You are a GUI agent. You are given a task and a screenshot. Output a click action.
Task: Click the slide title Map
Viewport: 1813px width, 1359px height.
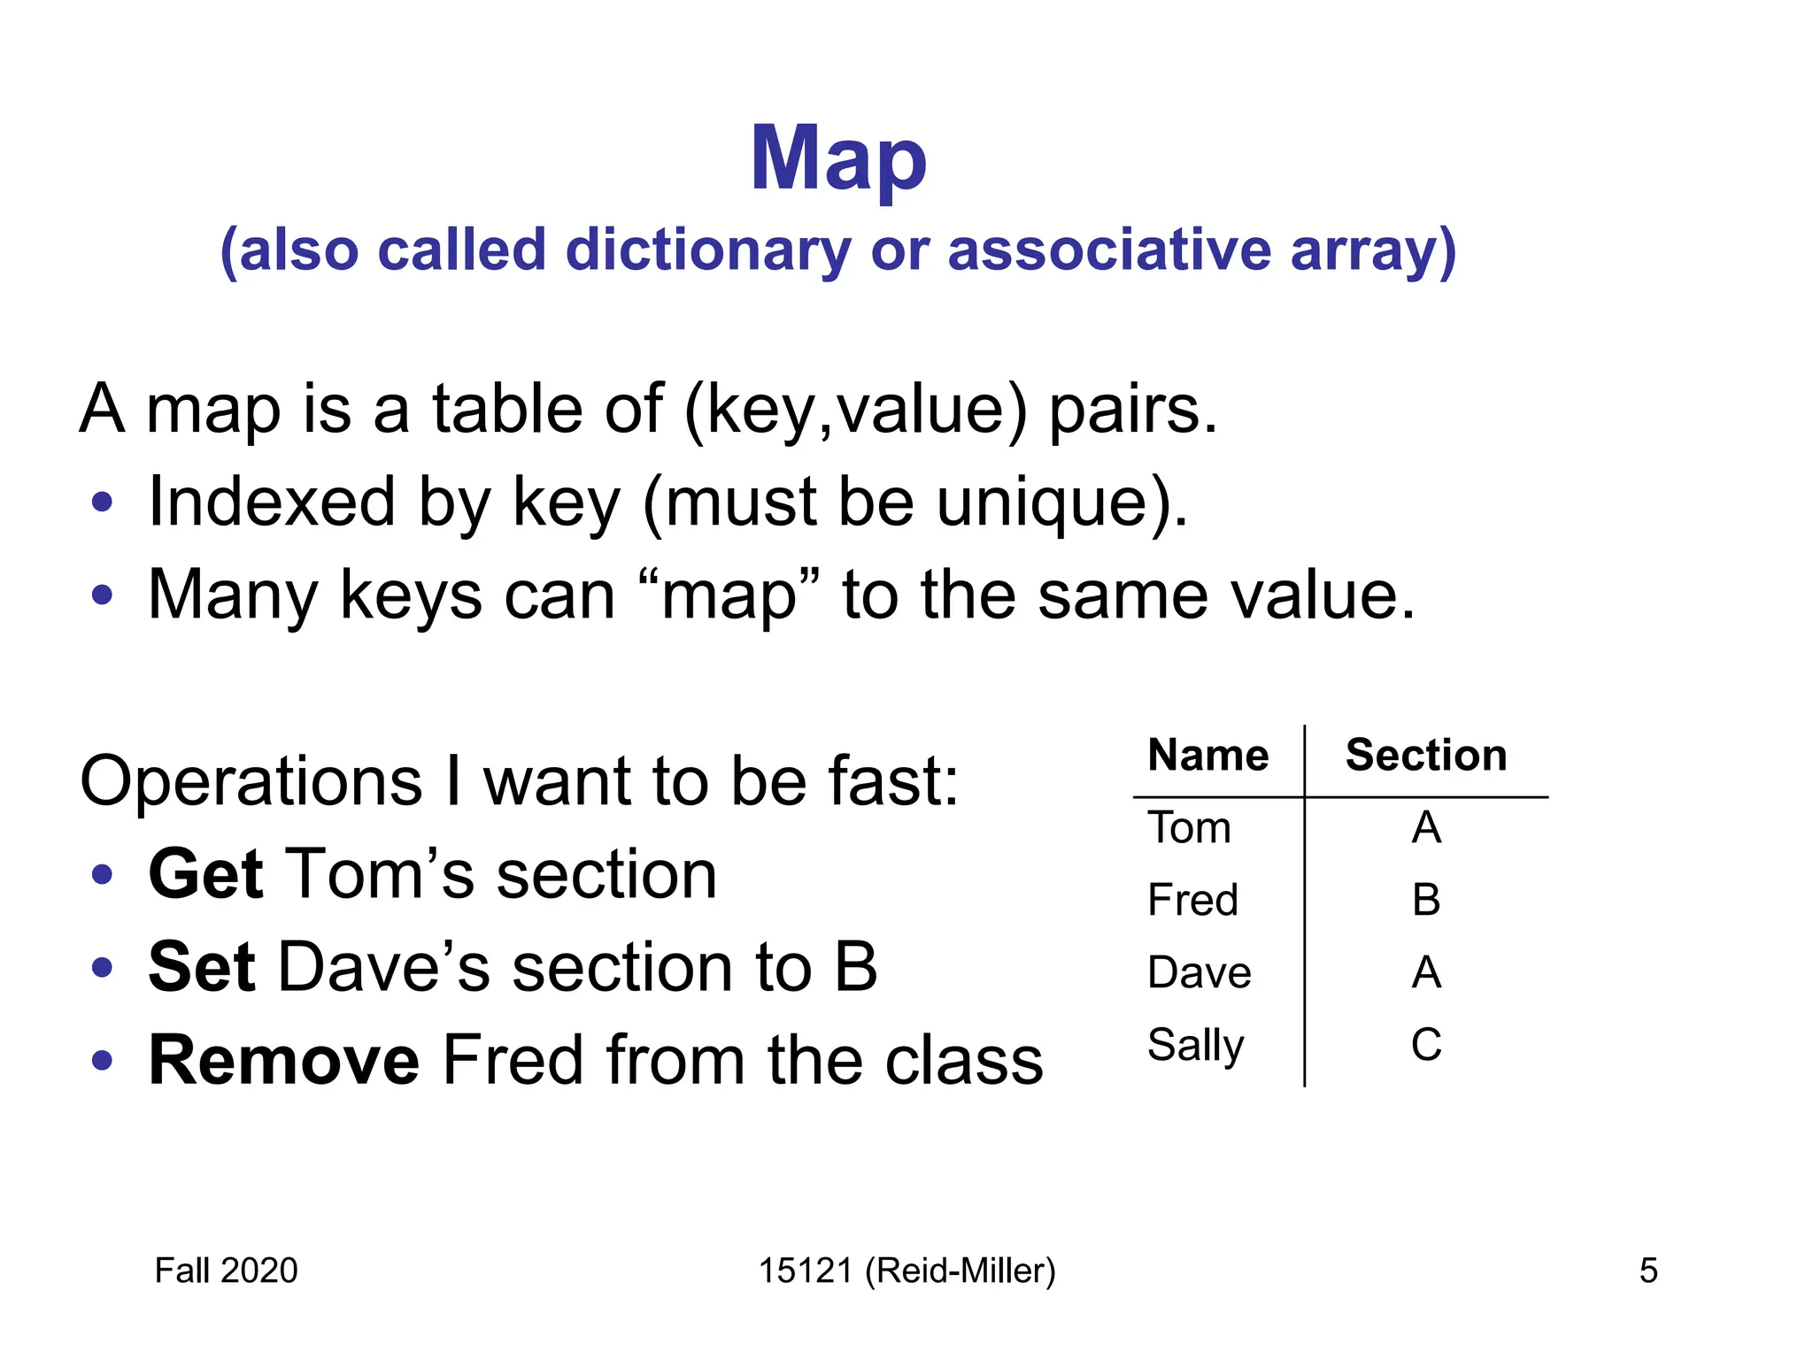coord(838,159)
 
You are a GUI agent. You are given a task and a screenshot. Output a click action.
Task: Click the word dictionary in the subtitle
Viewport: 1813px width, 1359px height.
coord(707,250)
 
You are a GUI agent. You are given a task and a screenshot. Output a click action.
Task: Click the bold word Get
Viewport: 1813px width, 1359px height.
coord(205,874)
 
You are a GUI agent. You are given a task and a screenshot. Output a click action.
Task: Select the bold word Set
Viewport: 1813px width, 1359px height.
coord(201,967)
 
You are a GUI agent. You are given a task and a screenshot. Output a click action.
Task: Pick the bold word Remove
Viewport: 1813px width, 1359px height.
coord(283,1060)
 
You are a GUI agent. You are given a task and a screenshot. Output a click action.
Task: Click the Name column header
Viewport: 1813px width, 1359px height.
coord(1207,756)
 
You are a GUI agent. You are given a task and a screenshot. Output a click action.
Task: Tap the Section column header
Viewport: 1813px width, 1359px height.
coord(1425,756)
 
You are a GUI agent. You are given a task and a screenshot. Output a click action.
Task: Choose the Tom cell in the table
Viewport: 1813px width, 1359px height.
coord(1189,828)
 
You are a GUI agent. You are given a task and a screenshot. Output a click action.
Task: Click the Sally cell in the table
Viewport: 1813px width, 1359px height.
coord(1195,1046)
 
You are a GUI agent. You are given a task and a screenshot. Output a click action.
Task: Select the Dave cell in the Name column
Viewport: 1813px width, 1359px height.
coord(1199,972)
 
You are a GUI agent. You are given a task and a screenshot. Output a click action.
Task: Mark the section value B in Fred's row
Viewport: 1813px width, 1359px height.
coord(1425,901)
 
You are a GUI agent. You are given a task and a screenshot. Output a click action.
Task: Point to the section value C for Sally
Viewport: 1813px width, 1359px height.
coord(1425,1045)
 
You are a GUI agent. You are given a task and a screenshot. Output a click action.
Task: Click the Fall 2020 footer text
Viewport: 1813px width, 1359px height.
coord(226,1271)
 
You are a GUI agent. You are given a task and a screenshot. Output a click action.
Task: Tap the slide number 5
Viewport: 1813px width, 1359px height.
coord(1647,1271)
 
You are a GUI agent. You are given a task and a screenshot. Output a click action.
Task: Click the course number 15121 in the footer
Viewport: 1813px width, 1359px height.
coord(806,1271)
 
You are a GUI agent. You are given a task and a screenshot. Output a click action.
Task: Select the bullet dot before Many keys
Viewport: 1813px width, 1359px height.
coord(103,595)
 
